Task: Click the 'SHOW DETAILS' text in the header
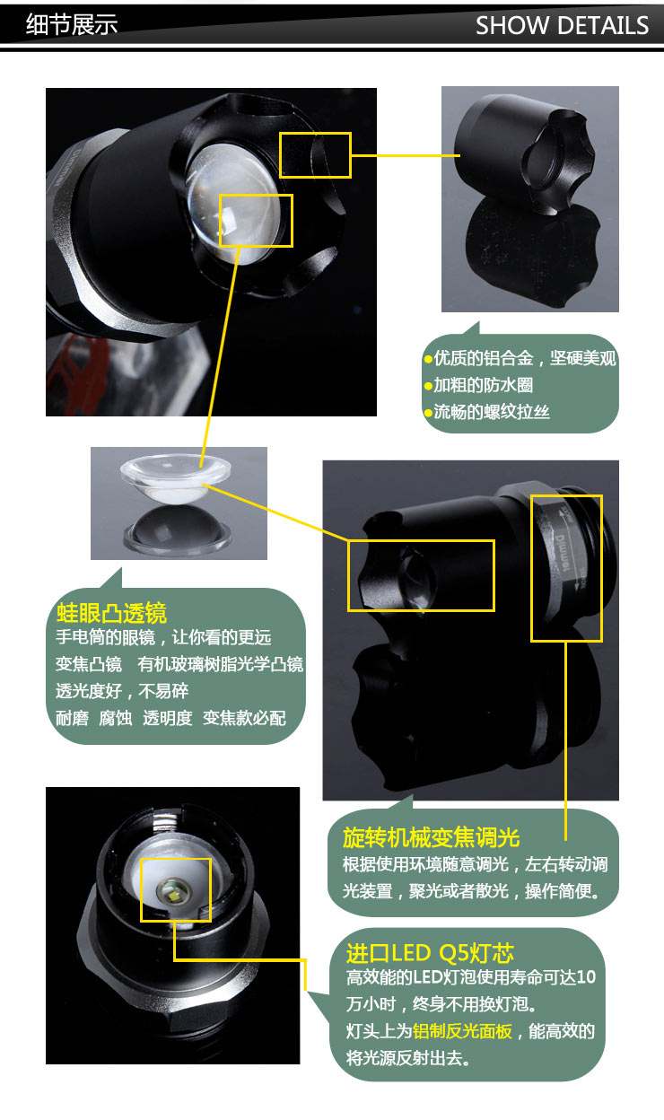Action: click(562, 25)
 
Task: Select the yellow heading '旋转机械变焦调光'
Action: click(432, 837)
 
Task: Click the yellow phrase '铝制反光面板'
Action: click(462, 1031)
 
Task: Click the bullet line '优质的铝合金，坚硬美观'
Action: click(520, 359)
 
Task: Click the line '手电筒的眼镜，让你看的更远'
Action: click(163, 638)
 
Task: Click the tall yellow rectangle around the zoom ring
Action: click(566, 567)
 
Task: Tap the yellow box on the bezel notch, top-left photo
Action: click(315, 154)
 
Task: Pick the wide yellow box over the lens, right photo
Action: click(421, 575)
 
